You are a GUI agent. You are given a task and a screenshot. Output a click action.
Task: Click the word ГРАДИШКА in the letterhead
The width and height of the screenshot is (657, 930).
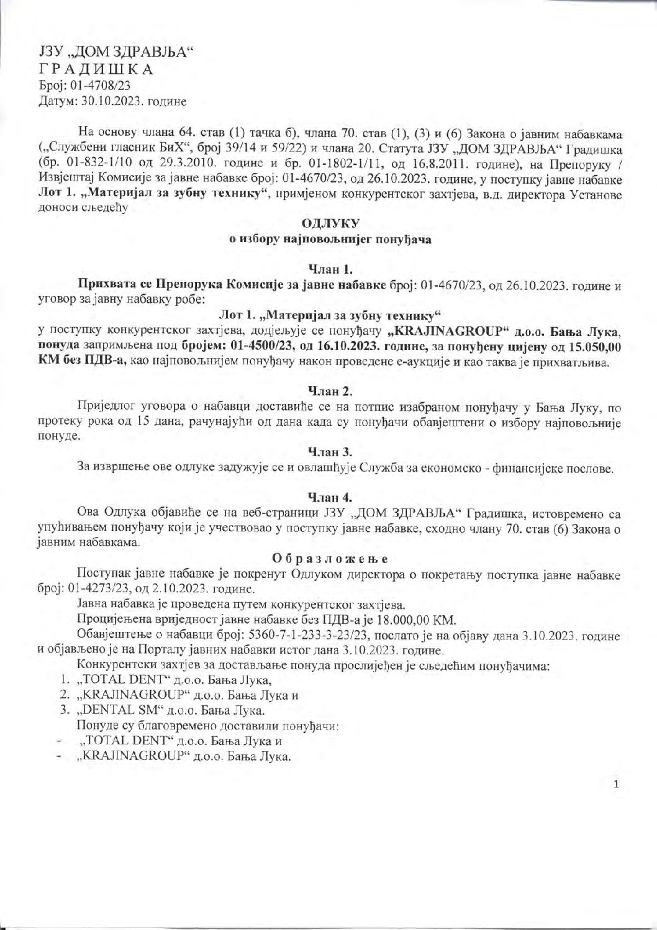pos(96,70)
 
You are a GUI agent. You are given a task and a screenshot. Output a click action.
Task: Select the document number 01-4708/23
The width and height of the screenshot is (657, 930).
pos(102,85)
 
